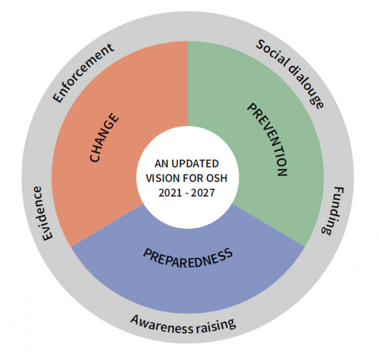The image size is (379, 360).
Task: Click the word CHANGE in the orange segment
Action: coord(104,137)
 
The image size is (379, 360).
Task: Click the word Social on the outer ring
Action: coord(273,55)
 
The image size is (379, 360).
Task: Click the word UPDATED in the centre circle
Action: coord(195,163)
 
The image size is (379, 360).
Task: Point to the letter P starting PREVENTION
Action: coord(252,108)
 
